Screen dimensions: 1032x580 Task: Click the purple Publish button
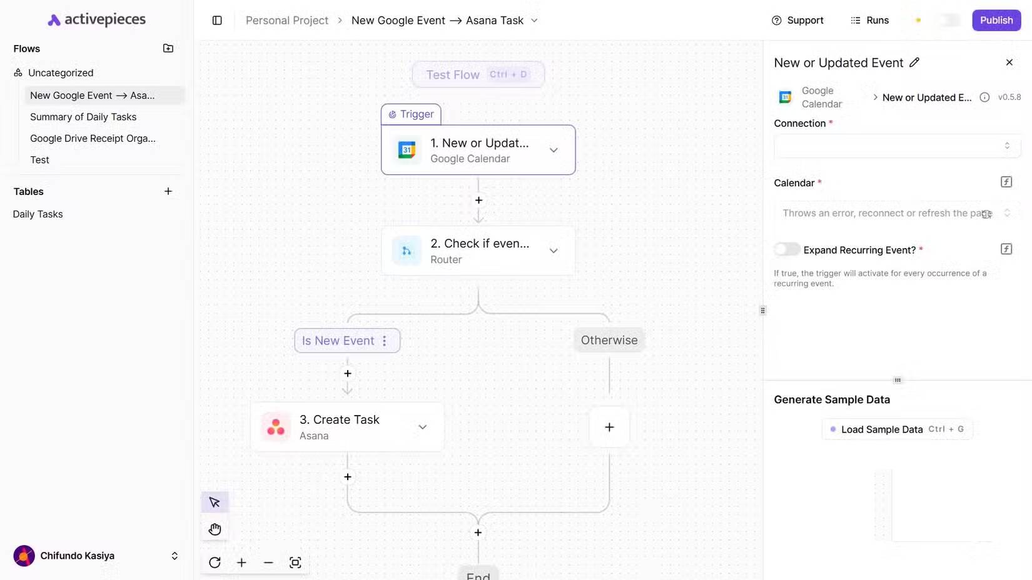(x=996, y=20)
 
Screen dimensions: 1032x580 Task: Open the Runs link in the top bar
(x=869, y=20)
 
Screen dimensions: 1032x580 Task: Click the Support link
(x=797, y=20)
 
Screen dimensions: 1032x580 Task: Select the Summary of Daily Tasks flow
(x=83, y=117)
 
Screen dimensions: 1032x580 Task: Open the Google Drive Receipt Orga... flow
(x=93, y=139)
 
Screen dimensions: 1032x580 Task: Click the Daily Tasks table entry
(x=38, y=214)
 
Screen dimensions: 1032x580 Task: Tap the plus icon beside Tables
(x=168, y=191)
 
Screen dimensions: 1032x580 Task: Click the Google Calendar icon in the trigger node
(x=407, y=150)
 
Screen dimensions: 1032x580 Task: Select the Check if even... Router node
(x=478, y=251)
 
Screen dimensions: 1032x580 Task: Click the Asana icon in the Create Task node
(x=275, y=427)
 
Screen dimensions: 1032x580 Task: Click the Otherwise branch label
(x=609, y=340)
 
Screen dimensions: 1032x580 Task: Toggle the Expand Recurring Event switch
(x=787, y=249)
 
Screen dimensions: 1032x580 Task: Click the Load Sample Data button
(x=897, y=429)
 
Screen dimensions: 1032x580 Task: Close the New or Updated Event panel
(x=1009, y=62)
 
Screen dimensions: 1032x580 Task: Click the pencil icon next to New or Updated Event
(x=914, y=62)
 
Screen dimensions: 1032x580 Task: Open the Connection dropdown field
(x=897, y=146)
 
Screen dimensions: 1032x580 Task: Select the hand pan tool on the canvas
(x=215, y=529)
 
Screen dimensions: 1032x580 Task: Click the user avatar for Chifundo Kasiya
(x=24, y=556)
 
